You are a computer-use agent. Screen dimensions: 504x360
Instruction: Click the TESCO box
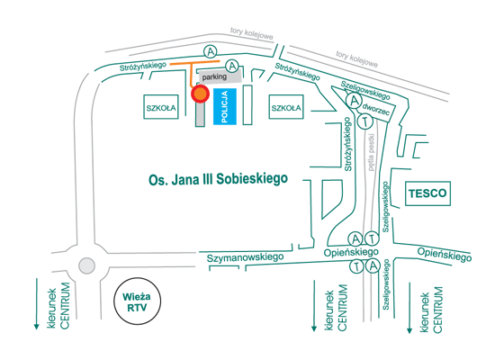coord(427,193)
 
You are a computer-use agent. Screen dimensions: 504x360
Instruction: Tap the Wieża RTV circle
coord(137,301)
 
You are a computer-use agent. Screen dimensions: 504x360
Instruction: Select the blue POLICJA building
coord(225,106)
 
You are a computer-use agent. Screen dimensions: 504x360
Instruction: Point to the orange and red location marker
coord(200,94)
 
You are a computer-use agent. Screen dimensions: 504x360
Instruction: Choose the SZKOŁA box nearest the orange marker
coord(161,107)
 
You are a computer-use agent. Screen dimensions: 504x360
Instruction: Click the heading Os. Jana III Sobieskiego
coord(218,179)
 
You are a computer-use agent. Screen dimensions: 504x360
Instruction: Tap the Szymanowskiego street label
coord(245,257)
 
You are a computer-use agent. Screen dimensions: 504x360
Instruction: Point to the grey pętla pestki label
coord(372,152)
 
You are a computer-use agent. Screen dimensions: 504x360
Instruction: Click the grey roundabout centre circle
coord(86,265)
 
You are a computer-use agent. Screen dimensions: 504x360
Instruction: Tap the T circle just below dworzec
coord(364,121)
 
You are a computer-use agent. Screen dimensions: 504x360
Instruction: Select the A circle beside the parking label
coord(232,67)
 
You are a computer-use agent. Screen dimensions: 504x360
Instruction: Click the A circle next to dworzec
coord(354,101)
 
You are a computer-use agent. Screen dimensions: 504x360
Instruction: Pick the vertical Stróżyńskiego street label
coord(347,144)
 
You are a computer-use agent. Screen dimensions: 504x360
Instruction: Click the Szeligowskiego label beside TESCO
coord(386,207)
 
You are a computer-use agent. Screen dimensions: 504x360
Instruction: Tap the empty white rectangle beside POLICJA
coord(247,104)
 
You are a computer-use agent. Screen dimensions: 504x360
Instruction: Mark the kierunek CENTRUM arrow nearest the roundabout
coord(37,304)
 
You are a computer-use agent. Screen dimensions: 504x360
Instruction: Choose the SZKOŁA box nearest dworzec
coord(286,107)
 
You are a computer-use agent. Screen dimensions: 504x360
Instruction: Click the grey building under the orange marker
coord(200,114)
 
